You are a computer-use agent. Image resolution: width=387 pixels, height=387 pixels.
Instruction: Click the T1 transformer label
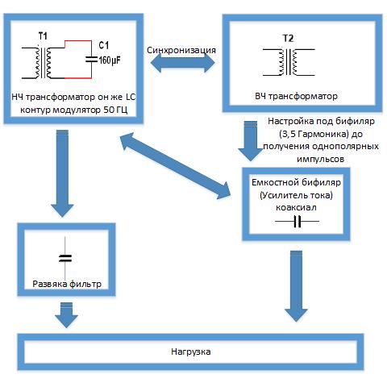click(x=43, y=35)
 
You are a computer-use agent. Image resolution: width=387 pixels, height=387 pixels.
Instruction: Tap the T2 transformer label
click(x=288, y=39)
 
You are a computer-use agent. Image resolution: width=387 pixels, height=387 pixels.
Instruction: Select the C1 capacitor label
click(x=104, y=45)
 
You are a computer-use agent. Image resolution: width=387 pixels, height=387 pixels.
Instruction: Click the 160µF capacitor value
click(x=110, y=60)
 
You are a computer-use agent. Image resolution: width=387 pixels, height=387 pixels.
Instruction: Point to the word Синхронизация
click(x=181, y=50)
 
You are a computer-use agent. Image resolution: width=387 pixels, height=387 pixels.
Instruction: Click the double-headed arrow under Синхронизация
click(x=182, y=63)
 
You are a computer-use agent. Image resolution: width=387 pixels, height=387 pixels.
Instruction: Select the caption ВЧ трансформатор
click(x=296, y=96)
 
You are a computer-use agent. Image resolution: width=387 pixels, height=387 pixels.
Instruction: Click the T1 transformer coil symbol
click(x=43, y=63)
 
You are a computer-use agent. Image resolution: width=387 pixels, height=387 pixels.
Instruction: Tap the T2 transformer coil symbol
click(x=289, y=62)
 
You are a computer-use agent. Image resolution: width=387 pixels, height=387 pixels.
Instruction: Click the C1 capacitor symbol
click(x=91, y=60)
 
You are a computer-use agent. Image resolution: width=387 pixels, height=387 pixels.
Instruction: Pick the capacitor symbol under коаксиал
click(x=298, y=222)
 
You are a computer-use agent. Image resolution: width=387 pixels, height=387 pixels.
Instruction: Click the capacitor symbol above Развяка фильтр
click(x=65, y=258)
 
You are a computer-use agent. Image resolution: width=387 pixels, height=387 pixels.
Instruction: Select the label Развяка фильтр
click(x=67, y=284)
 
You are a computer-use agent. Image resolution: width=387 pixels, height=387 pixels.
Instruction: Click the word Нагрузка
click(x=191, y=352)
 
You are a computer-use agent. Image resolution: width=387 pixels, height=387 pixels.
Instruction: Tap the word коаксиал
click(x=296, y=207)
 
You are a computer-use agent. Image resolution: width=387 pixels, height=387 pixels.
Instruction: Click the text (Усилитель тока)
click(x=296, y=195)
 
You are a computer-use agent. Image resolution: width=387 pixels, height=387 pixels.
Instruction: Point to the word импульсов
click(x=320, y=159)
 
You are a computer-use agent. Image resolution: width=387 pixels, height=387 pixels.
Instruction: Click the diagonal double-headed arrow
click(x=176, y=166)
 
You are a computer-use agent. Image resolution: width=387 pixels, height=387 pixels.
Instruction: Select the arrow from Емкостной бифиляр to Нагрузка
click(x=296, y=286)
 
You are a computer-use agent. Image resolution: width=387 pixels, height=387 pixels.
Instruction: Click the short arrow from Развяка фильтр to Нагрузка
click(x=66, y=315)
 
